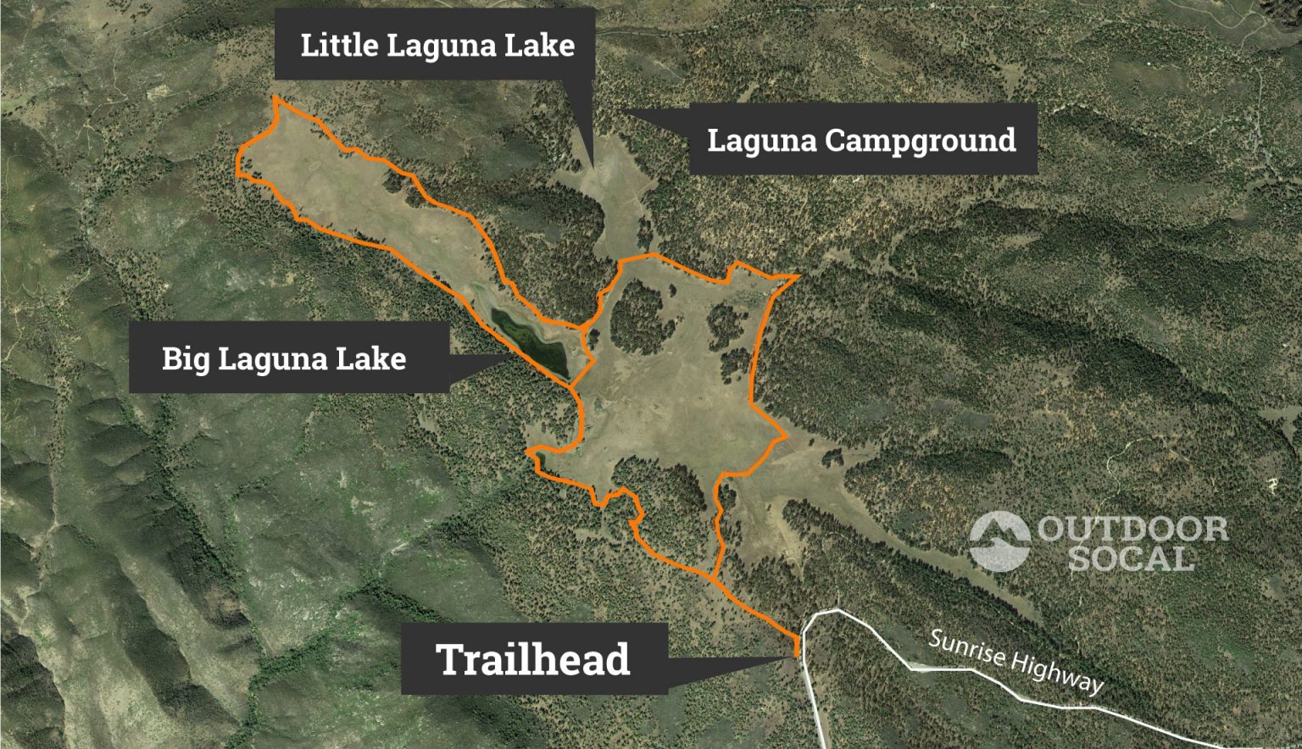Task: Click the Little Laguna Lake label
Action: tap(437, 44)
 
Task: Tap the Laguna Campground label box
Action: tap(862, 140)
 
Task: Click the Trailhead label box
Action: tap(534, 659)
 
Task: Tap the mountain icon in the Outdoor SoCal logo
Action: tap(999, 541)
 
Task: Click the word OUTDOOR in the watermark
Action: tap(1132, 530)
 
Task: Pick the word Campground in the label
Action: tap(921, 140)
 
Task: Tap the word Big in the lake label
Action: tap(186, 358)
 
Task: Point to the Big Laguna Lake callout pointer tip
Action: tap(512, 357)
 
